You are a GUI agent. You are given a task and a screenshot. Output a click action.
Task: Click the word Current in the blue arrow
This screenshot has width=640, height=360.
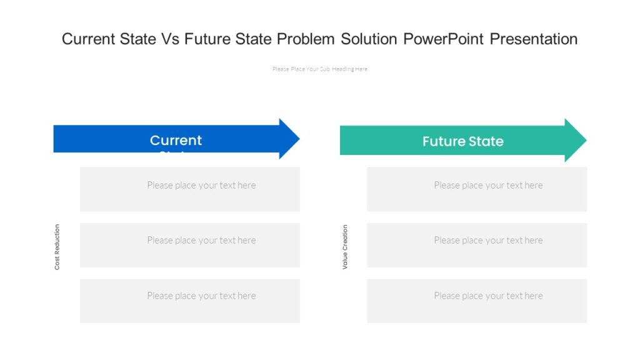176,141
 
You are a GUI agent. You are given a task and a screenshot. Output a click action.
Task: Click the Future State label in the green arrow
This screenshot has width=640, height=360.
462,141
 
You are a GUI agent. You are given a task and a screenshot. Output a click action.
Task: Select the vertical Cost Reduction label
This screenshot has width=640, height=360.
57,247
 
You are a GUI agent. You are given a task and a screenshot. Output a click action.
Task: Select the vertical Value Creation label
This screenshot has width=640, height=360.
345,247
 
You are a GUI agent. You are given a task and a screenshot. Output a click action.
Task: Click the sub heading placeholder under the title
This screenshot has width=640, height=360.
319,69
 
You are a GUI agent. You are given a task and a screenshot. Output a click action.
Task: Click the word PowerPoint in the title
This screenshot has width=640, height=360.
444,39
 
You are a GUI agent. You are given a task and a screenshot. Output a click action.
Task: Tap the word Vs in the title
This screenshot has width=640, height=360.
171,39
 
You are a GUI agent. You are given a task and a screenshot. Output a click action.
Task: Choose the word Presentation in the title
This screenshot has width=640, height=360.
533,39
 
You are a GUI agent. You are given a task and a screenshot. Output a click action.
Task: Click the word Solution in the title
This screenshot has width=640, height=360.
369,39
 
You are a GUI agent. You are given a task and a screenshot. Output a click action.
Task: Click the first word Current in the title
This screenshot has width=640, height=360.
87,39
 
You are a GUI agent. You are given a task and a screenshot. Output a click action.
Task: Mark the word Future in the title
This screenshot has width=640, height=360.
206,39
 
